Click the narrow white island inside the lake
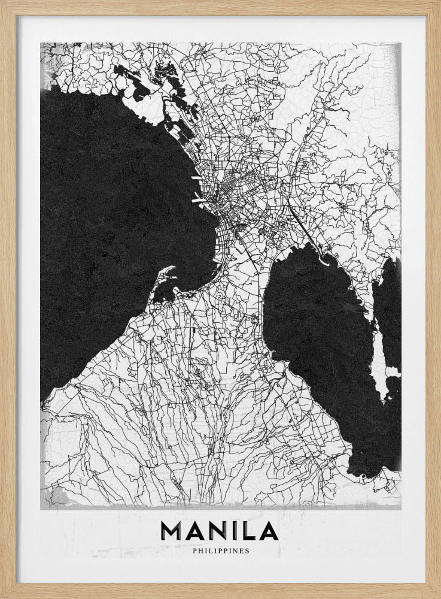(377, 353)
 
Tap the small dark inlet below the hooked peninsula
(163, 293)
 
